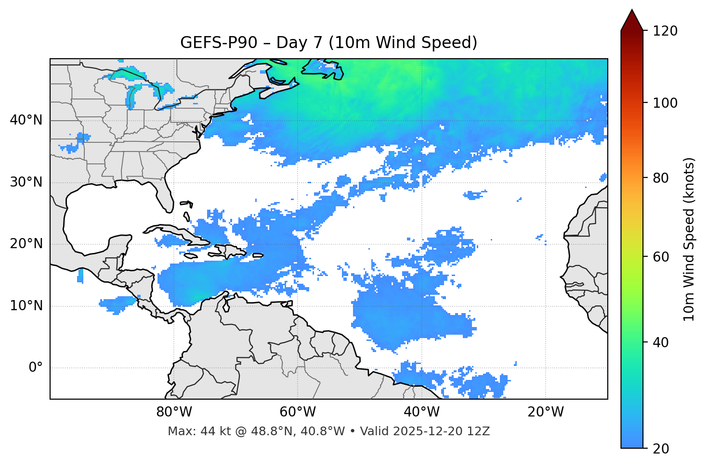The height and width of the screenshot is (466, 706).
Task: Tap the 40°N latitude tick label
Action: [x=26, y=120]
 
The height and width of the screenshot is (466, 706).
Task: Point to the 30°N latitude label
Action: [x=26, y=182]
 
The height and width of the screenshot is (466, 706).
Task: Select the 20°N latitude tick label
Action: [x=26, y=244]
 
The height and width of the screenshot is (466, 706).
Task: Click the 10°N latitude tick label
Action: [x=26, y=306]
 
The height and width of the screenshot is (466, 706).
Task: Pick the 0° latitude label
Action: [x=36, y=368]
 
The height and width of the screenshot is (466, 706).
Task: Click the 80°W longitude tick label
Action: [x=174, y=412]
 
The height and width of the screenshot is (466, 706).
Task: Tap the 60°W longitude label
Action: [x=298, y=412]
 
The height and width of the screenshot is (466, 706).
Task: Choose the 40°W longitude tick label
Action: [x=422, y=412]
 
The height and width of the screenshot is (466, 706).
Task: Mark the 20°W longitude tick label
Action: [x=546, y=412]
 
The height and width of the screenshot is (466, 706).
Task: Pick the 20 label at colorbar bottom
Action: [x=661, y=449]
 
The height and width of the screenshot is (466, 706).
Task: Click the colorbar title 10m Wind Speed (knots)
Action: [x=689, y=239]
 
